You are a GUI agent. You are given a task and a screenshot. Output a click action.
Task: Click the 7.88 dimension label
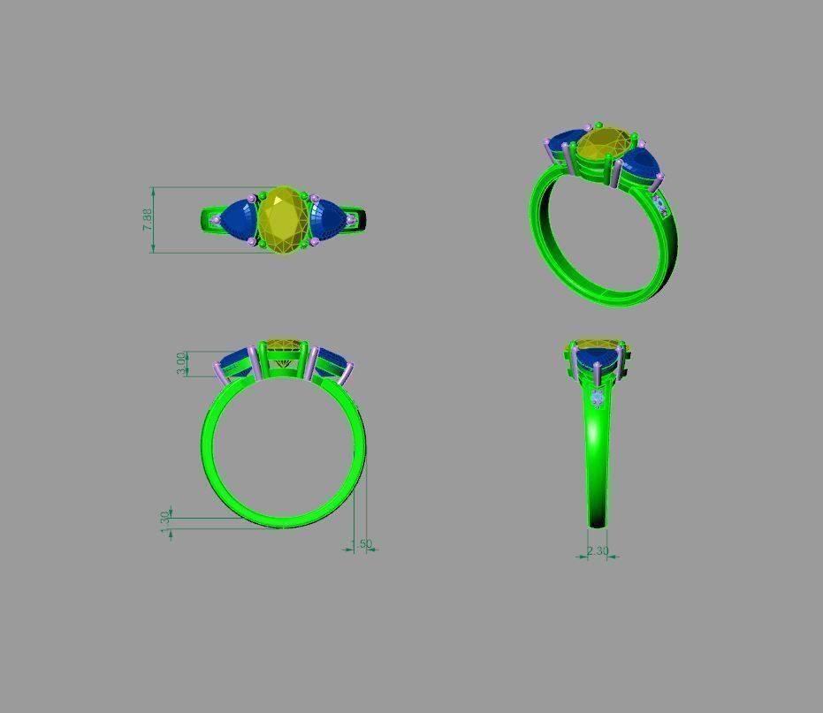(x=148, y=219)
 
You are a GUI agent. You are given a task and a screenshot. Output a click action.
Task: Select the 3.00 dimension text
(x=182, y=363)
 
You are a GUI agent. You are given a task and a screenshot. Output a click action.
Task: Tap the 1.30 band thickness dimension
(x=164, y=520)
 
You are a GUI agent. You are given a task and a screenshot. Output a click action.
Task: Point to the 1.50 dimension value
(x=362, y=545)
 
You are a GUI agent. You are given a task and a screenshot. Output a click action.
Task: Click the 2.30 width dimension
(x=598, y=550)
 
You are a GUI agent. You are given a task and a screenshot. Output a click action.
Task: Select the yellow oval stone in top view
(x=282, y=221)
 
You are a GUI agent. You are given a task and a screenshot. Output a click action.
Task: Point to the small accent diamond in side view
(x=598, y=399)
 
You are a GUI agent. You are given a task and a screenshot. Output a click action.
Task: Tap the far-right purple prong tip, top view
(x=351, y=219)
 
